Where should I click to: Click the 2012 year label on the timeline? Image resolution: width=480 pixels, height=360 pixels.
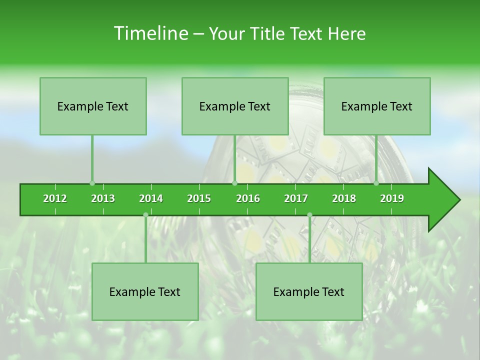(55, 198)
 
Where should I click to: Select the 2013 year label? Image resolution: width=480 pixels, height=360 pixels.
(103, 198)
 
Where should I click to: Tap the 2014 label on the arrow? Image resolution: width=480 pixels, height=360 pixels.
(151, 198)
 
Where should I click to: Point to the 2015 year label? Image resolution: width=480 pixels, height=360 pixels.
(199, 198)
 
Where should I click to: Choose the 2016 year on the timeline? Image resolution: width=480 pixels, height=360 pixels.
(248, 198)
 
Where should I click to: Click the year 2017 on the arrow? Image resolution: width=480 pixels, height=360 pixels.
(296, 198)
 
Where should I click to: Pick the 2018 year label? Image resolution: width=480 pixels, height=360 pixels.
(344, 198)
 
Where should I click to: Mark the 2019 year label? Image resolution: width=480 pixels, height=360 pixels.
(392, 198)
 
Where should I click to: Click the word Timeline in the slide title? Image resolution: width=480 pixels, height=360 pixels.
(150, 33)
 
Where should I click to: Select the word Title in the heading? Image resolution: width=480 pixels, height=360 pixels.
(268, 33)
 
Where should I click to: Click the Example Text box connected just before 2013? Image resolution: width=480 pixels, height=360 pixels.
(93, 106)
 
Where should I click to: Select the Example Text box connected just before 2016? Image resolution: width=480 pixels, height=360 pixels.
(235, 106)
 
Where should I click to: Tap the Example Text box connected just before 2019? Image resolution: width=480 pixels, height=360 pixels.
(377, 106)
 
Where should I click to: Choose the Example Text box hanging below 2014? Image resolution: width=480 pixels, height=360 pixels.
(145, 291)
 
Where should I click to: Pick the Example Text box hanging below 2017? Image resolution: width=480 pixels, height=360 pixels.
(309, 291)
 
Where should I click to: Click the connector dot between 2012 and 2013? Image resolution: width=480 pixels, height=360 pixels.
(92, 183)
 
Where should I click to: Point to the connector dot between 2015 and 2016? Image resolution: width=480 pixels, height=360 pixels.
(234, 183)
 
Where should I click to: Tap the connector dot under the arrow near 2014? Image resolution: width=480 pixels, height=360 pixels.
(145, 214)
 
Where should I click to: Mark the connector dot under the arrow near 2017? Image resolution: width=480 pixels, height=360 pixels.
(309, 214)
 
